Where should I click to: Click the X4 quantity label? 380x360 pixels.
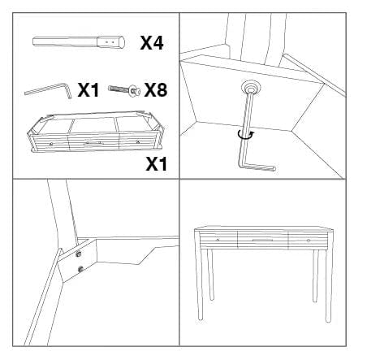tap(152, 43)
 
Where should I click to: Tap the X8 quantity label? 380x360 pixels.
tap(155, 90)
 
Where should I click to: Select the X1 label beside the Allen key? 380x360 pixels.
tap(89, 90)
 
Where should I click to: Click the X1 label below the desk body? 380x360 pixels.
tap(156, 164)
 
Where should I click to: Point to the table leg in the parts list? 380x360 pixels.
tap(78, 42)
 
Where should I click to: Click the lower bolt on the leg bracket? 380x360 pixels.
tap(80, 268)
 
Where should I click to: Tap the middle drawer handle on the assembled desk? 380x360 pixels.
tap(262, 241)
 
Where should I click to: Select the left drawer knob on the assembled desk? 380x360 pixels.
tap(218, 240)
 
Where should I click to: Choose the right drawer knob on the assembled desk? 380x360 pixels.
tap(309, 241)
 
